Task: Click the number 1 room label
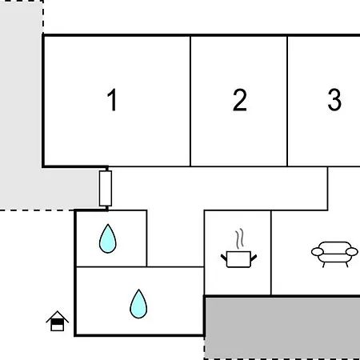pyautogui.click(x=112, y=100)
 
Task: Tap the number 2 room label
pyautogui.click(x=239, y=100)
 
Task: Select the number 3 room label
pyautogui.click(x=334, y=100)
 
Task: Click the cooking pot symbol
pyautogui.click(x=238, y=259)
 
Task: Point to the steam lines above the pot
pyautogui.click(x=239, y=238)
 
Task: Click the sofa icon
pyautogui.click(x=334, y=254)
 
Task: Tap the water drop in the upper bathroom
pyautogui.click(x=108, y=238)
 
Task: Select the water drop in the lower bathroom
pyautogui.click(x=138, y=304)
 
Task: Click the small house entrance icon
pyautogui.click(x=57, y=321)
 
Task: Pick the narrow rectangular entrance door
pyautogui.click(x=106, y=188)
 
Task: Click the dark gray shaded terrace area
pyautogui.click(x=282, y=327)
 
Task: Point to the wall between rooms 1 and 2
pyautogui.click(x=190, y=101)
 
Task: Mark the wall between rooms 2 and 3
pyautogui.click(x=287, y=101)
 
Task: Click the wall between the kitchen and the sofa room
pyautogui.click(x=271, y=253)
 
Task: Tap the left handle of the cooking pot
pyautogui.click(x=224, y=258)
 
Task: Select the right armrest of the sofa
pyautogui.click(x=352, y=252)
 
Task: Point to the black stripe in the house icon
pyautogui.click(x=57, y=322)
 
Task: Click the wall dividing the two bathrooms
pyautogui.click(x=111, y=266)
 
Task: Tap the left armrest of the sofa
pyautogui.click(x=318, y=252)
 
